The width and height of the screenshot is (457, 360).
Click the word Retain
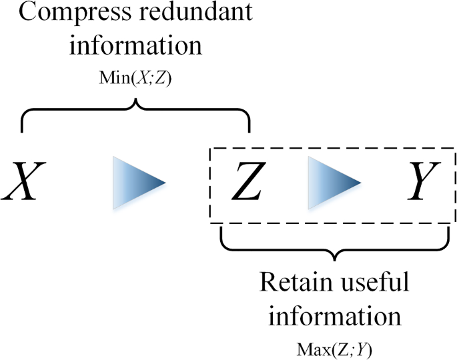[293, 283]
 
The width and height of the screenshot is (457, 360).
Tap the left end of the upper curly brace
[22, 130]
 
